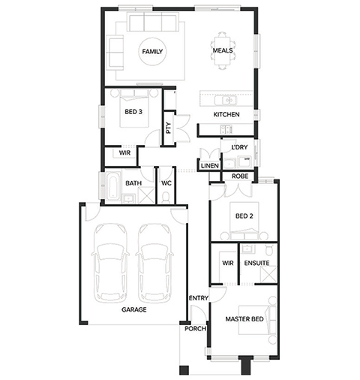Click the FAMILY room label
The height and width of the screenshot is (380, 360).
click(152, 52)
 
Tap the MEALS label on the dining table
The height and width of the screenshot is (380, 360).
click(223, 50)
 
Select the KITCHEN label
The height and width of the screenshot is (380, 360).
click(226, 114)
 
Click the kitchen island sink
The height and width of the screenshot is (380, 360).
click(225, 101)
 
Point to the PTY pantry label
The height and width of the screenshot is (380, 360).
click(169, 128)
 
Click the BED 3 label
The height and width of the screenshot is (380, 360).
click(133, 112)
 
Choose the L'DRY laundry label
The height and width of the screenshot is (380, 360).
click(239, 147)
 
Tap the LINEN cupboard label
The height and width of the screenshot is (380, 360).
click(210, 165)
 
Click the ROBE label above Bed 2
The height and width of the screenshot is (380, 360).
click(240, 176)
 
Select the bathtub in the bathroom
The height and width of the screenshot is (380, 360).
click(112, 185)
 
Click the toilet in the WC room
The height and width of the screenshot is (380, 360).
click(166, 198)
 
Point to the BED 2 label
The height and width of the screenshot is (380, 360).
click(244, 216)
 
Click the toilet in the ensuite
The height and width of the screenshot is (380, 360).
click(269, 250)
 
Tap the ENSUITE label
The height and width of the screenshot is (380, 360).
click(256, 263)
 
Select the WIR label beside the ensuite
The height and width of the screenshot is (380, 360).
click(228, 263)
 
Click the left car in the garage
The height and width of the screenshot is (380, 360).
click(110, 264)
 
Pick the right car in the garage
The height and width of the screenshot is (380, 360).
click(154, 264)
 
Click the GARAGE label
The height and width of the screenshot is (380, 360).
click(134, 309)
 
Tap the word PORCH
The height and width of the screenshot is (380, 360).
click(196, 329)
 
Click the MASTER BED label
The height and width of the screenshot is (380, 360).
click(244, 319)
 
